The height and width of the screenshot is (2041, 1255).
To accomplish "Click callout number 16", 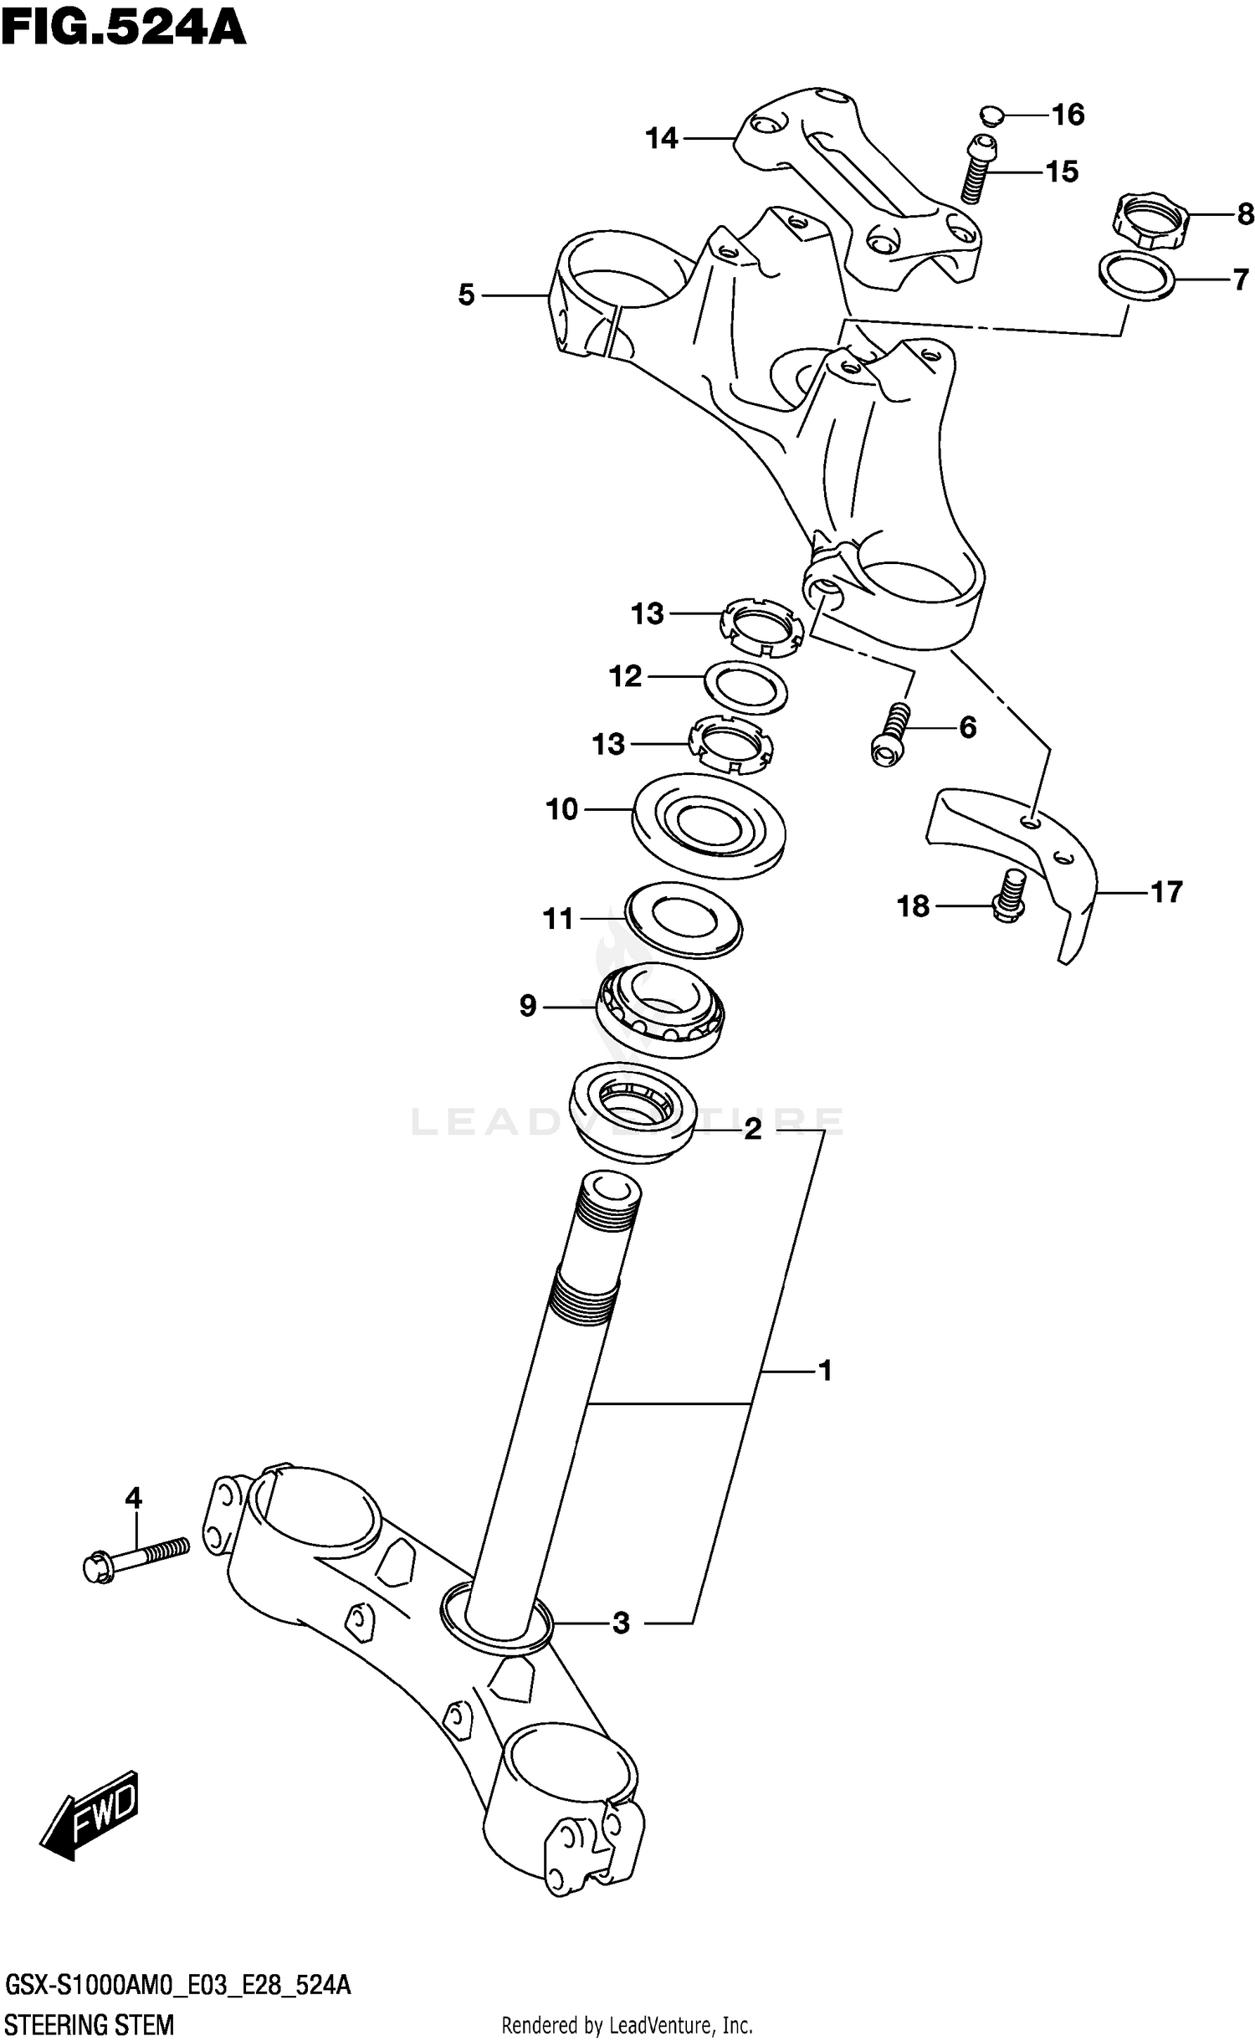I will pyautogui.click(x=1068, y=115).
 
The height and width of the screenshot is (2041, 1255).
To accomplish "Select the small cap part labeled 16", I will pyautogui.click(x=989, y=115).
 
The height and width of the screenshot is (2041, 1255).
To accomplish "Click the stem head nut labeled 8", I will pyautogui.click(x=1151, y=220).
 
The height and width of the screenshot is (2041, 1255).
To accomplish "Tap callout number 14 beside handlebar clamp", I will pyautogui.click(x=661, y=138).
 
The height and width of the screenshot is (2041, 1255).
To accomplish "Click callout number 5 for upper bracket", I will pyautogui.click(x=466, y=295).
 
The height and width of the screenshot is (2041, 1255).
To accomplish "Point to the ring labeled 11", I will pyautogui.click(x=684, y=918).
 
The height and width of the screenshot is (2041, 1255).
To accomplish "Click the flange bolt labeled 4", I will pyautogui.click(x=134, y=1562).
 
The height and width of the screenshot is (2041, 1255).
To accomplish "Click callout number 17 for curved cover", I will pyautogui.click(x=1166, y=892).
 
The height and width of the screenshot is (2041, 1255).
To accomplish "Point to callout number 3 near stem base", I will pyautogui.click(x=620, y=1623).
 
